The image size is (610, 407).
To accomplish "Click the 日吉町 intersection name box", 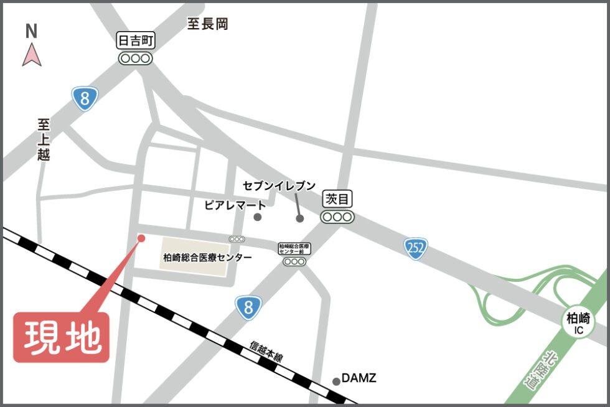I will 136,41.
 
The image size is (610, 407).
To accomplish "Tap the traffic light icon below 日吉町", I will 136,58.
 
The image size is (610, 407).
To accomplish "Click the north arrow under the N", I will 32,54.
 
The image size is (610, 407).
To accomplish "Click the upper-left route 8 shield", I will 85,98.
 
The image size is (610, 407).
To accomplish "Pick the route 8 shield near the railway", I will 248,307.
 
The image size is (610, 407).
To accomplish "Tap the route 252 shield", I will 415,248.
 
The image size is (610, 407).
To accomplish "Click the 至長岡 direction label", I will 208,24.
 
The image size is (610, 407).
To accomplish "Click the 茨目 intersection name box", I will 338,200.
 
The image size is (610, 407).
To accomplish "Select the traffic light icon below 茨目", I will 338,217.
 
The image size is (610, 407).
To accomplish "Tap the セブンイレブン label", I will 279,186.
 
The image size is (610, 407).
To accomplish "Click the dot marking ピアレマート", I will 258,217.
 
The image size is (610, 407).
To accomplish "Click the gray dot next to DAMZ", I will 337,381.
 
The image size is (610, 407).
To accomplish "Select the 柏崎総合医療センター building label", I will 207,257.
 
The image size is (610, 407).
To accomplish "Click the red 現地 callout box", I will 62,337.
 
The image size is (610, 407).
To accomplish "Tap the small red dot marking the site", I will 141,238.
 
